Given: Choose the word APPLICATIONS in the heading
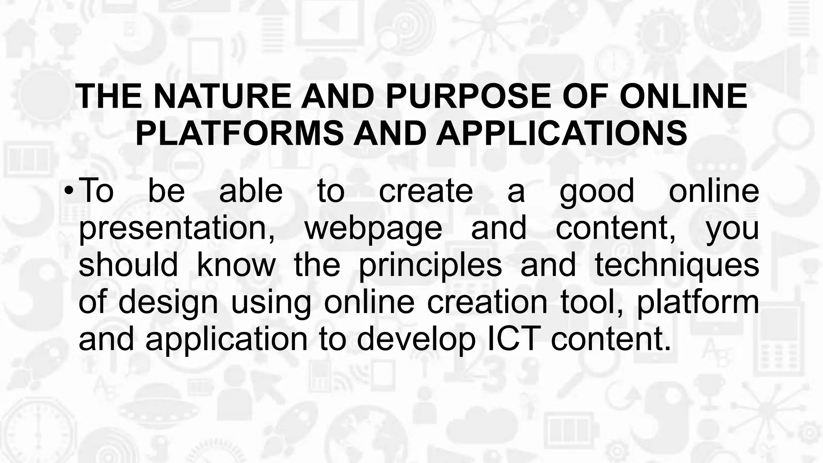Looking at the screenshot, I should (x=561, y=133).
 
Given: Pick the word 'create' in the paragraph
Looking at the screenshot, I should (x=426, y=191).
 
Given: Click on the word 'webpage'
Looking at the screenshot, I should (x=373, y=228).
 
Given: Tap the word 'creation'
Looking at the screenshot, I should (x=487, y=302).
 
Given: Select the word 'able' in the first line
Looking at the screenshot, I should (x=251, y=191).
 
